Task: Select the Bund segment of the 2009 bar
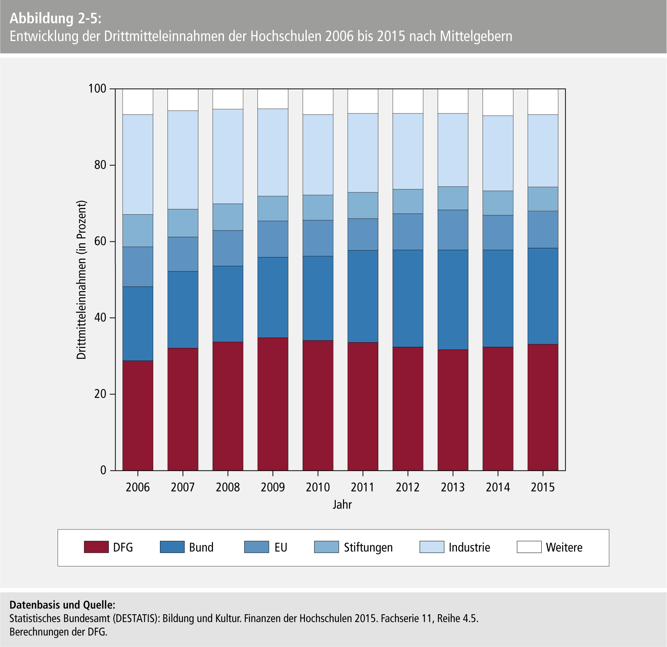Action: [x=273, y=297]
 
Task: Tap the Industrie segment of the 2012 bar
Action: [x=408, y=151]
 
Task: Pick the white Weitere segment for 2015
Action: [x=543, y=102]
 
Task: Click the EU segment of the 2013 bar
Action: [x=453, y=230]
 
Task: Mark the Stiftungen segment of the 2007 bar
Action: [x=183, y=223]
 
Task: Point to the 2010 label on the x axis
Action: [x=318, y=487]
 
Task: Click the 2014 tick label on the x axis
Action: [x=498, y=487]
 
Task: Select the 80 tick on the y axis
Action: [x=100, y=165]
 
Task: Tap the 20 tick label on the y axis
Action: [x=100, y=394]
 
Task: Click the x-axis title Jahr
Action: [x=342, y=505]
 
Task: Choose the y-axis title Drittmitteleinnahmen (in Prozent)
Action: [x=82, y=280]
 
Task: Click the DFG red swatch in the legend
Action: [x=96, y=547]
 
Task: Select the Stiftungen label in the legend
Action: [x=368, y=547]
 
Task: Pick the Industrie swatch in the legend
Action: [x=432, y=547]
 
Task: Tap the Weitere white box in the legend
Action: [x=529, y=547]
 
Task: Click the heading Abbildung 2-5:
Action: [x=55, y=18]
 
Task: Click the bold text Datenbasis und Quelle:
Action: [x=62, y=605]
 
